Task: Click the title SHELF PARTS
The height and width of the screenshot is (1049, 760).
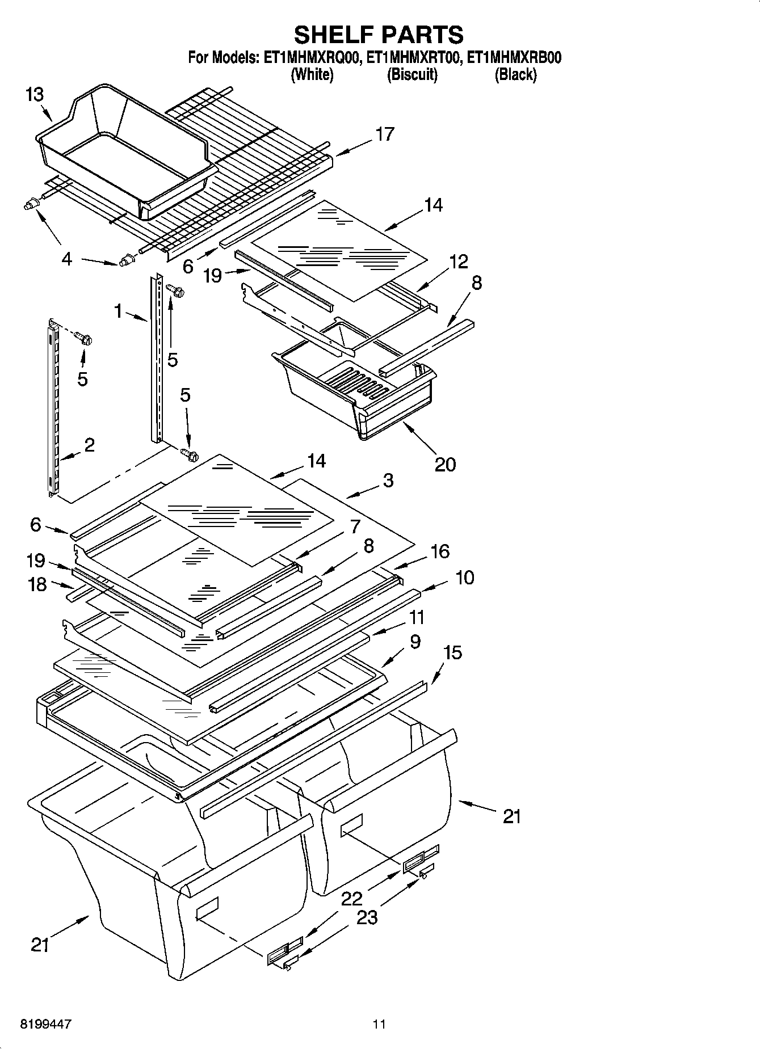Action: coord(379,35)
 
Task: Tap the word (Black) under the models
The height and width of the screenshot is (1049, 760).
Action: coord(515,75)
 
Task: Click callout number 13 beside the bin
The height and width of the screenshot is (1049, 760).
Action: coord(35,94)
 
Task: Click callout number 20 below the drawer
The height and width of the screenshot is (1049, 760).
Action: coord(445,465)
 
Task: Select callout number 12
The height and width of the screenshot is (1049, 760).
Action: coord(459,262)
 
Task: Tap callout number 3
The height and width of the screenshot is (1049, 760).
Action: coord(388,481)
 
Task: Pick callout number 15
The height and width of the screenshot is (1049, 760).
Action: coord(452,653)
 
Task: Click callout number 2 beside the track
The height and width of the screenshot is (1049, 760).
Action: coord(89,445)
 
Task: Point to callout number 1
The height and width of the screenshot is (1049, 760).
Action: coord(118,310)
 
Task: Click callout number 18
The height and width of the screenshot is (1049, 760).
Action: coord(37,584)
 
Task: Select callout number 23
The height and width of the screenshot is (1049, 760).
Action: coord(367,917)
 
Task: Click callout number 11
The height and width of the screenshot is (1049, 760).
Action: coord(417,617)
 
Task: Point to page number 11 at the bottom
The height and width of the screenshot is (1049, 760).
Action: coord(379,1025)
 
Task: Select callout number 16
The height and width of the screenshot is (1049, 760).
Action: coord(440,551)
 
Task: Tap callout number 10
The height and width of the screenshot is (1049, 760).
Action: coord(464,578)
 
